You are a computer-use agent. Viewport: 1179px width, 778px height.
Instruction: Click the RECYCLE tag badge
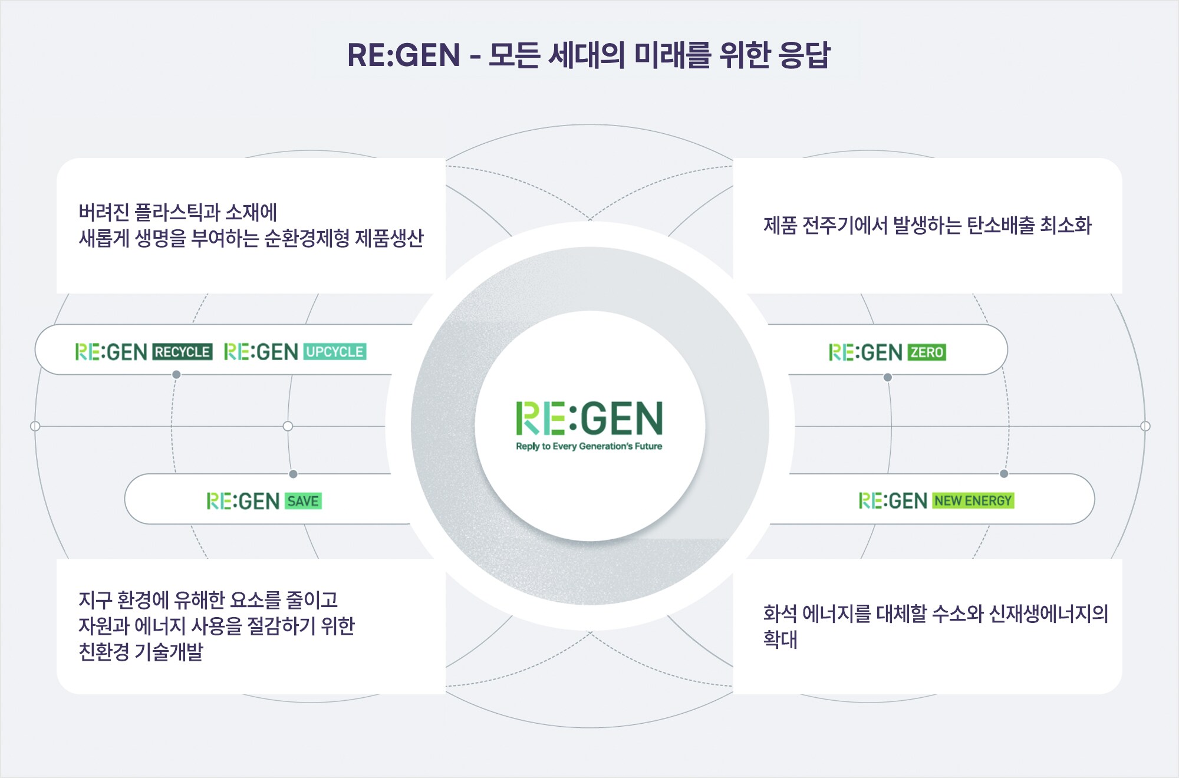click(x=183, y=352)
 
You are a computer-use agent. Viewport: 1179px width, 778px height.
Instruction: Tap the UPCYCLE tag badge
click(x=335, y=352)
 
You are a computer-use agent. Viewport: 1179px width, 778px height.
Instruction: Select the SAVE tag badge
click(x=303, y=501)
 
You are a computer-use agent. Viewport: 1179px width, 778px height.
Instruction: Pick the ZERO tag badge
click(x=927, y=352)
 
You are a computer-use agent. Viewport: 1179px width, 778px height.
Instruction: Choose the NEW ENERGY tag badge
click(x=973, y=501)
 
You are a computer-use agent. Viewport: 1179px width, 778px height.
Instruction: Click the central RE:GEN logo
click(x=589, y=418)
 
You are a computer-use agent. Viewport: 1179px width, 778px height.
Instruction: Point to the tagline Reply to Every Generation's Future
click(x=589, y=446)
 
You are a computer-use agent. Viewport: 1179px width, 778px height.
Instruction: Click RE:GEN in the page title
click(x=404, y=55)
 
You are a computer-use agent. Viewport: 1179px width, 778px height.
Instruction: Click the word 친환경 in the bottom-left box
click(x=104, y=651)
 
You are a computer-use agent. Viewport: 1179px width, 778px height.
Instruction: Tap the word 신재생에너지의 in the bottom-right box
click(x=1049, y=614)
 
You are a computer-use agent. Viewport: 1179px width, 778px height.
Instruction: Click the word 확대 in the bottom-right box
click(x=780, y=639)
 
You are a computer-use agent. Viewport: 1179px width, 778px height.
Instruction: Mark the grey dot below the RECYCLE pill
click(x=176, y=374)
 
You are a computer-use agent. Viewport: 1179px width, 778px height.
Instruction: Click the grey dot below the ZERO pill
click(x=887, y=377)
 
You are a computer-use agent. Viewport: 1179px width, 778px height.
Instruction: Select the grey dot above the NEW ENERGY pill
click(x=1004, y=474)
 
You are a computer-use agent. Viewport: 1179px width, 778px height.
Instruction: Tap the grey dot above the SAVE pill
click(x=293, y=474)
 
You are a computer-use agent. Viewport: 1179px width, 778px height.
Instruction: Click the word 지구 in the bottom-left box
click(x=95, y=599)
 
